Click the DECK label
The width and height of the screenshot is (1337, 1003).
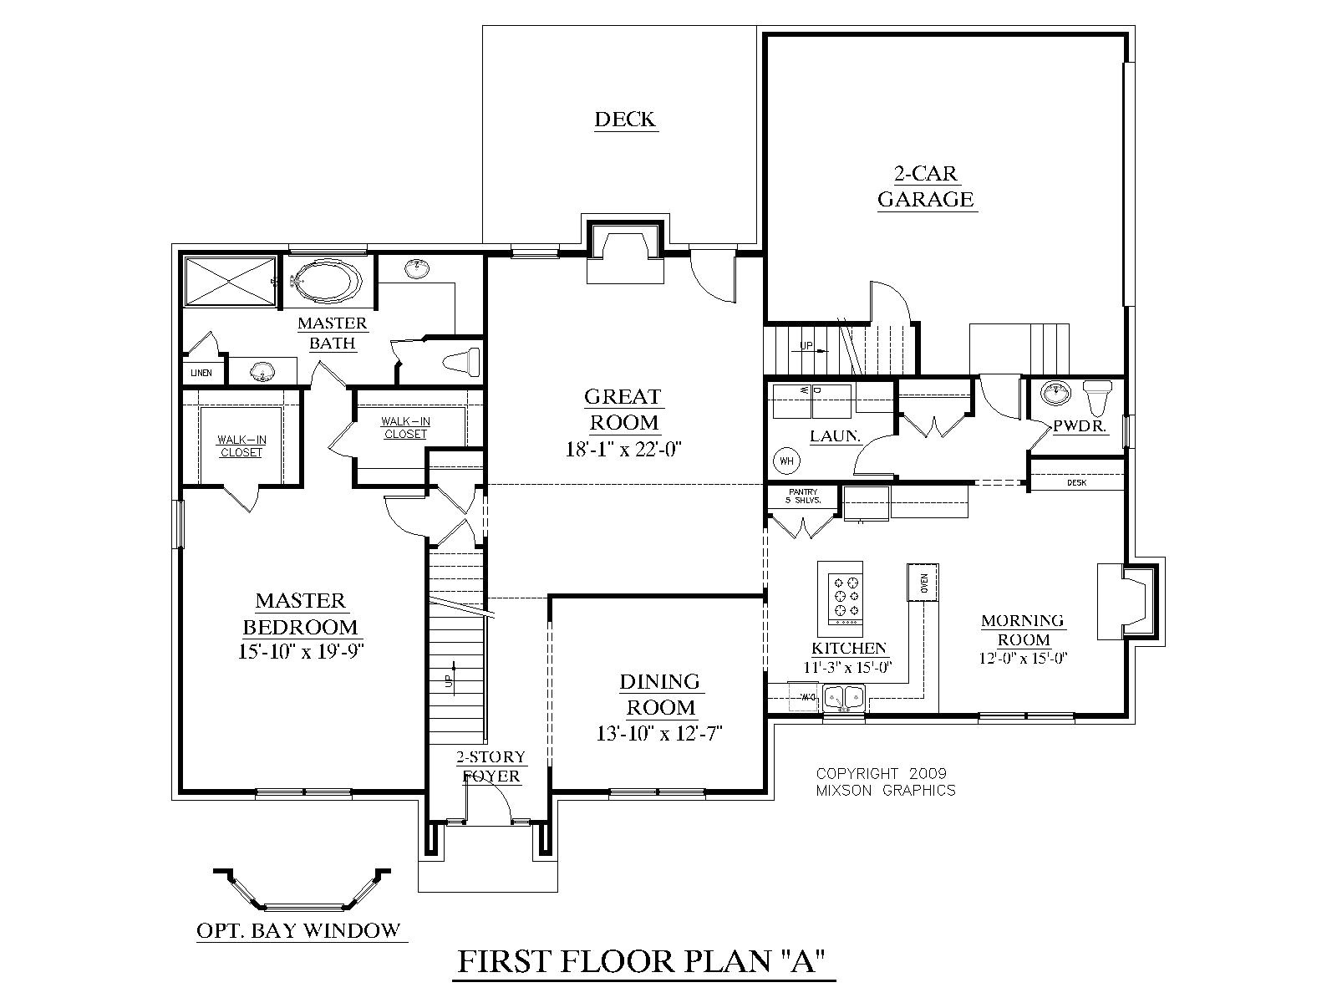tap(625, 120)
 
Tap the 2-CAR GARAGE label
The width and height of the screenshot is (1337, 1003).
tap(927, 186)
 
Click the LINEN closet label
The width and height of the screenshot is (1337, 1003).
tap(201, 373)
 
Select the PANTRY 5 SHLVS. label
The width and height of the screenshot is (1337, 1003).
tap(801, 496)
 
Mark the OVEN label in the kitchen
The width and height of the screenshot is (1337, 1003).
tap(923, 583)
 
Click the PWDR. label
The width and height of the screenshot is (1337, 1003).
tap(1080, 426)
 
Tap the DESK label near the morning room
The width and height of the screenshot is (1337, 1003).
tap(1076, 483)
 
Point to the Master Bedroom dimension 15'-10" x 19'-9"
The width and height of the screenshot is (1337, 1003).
tap(301, 650)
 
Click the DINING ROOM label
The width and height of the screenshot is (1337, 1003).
tap(659, 695)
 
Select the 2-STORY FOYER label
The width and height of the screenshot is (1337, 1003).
tap(491, 766)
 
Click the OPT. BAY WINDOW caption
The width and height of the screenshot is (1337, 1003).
tap(298, 929)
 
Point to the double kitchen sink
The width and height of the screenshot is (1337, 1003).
tap(844, 696)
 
